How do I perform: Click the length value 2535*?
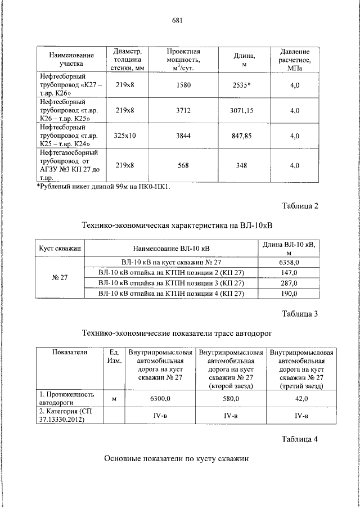point(241,85)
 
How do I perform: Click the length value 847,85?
point(241,136)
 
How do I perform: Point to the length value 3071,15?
point(241,111)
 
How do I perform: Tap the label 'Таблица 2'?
point(299,206)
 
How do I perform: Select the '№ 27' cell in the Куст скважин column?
point(60,277)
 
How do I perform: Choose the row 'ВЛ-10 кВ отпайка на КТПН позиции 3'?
point(171,283)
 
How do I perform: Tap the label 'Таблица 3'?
point(299,313)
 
